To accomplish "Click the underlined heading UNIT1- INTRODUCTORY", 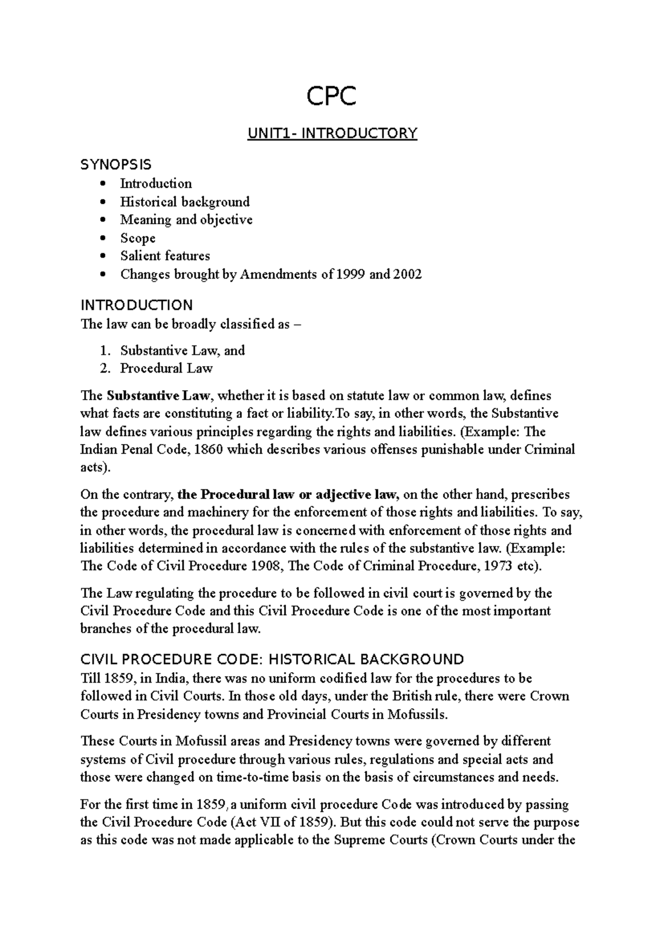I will [331, 133].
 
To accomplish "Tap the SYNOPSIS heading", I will [116, 164].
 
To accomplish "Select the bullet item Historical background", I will [185, 202].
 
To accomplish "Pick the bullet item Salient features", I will [165, 256].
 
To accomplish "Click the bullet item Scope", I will [138, 238].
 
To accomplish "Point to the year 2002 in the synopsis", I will [407, 274].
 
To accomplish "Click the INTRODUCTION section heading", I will [136, 305].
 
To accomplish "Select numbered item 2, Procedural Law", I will [166, 368].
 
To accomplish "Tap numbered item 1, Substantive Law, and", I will [182, 350].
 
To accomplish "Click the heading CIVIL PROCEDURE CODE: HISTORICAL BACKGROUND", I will [272, 659].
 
